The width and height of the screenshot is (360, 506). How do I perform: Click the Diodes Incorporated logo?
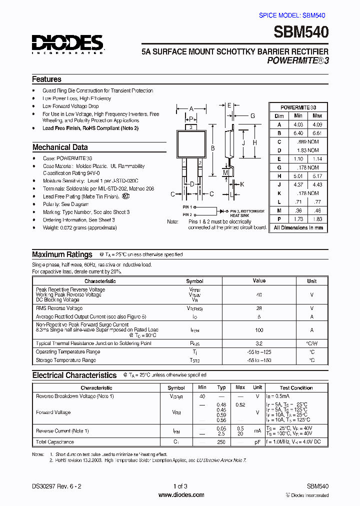point(67,43)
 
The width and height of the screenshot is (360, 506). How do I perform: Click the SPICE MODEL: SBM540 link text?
point(293,15)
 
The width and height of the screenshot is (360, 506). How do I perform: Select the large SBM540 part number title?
point(301,32)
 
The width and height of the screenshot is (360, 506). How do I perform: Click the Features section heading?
point(46,79)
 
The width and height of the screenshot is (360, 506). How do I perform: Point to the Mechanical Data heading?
point(60,147)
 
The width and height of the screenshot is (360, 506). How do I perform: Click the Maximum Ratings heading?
point(62,254)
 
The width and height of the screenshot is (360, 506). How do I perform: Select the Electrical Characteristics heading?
point(74,375)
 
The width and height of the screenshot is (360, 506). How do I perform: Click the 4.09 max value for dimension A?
point(316,124)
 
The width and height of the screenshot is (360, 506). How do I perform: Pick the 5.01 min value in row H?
point(298,176)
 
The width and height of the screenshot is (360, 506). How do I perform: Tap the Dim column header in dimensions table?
point(279,116)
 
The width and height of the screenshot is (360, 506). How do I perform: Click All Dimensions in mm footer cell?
point(298,227)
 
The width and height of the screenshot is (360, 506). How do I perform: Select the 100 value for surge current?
point(259,330)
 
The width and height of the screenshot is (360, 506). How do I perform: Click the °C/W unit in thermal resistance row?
point(311,343)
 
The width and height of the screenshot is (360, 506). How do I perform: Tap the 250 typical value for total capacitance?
point(221,442)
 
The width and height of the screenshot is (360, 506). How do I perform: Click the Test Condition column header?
point(296,387)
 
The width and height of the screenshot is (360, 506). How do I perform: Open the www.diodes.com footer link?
point(180,495)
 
